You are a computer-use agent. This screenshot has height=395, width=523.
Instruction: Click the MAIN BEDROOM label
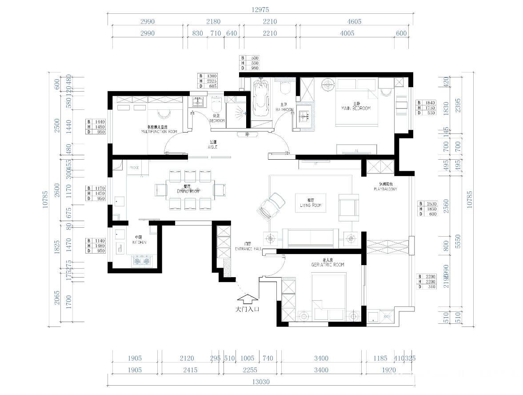point(355,108)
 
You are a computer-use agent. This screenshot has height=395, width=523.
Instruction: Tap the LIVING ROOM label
point(311,205)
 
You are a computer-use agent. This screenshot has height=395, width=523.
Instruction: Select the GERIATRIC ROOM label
point(327,265)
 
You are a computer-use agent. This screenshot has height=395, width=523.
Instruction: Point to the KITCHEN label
point(139,242)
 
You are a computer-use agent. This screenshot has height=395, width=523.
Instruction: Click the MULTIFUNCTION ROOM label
point(159,132)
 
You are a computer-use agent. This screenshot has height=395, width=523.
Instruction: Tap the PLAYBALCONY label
point(385,189)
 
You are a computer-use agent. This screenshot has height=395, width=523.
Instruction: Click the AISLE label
point(212,147)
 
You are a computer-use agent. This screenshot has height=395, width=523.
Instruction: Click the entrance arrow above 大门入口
point(247,298)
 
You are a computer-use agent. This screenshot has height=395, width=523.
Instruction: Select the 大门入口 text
point(247,308)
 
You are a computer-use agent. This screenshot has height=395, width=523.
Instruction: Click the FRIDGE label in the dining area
point(134,168)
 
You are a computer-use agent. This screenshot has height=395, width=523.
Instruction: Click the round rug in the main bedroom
point(328,84)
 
